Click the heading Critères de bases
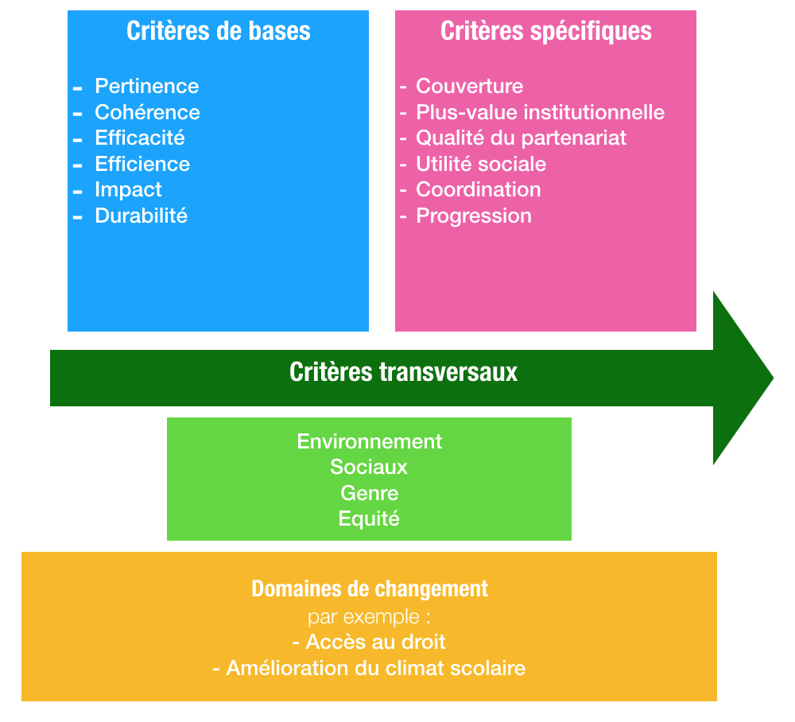[x=219, y=31]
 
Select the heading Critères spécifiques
[x=546, y=31]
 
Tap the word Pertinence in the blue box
[x=147, y=86]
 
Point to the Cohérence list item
[x=147, y=112]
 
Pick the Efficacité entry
[x=140, y=138]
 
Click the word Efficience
[x=142, y=164]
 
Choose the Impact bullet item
[x=128, y=189]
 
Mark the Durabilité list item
[x=142, y=215]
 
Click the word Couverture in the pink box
[x=470, y=86]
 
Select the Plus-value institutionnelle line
[x=541, y=112]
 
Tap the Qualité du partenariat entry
[x=522, y=138]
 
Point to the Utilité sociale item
[x=481, y=164]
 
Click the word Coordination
[x=479, y=189]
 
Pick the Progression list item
[x=474, y=215]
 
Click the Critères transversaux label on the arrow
[x=404, y=372]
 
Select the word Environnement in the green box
[x=370, y=441]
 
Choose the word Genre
[x=370, y=493]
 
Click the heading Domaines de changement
[x=370, y=589]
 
